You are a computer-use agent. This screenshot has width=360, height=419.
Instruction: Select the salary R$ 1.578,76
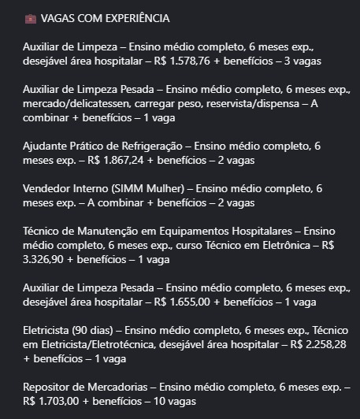click(x=188, y=61)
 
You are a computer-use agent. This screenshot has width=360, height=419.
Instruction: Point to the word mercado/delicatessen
click(x=74, y=103)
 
